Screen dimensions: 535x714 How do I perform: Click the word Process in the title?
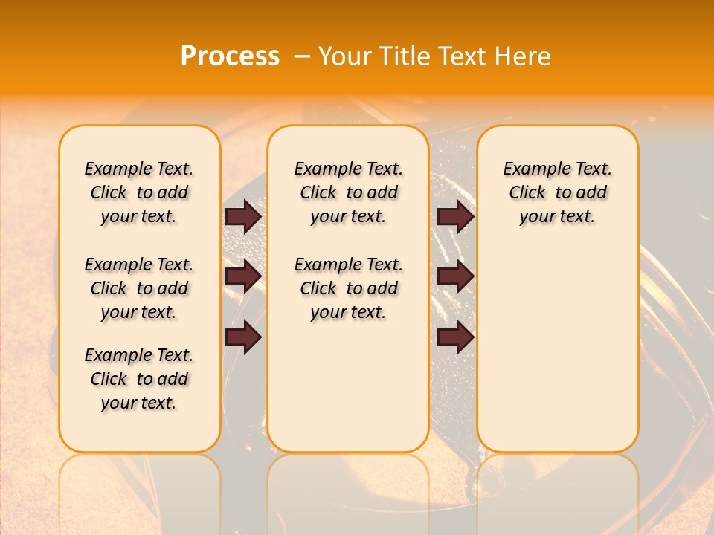pos(230,56)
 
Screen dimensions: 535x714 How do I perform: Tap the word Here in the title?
pos(523,56)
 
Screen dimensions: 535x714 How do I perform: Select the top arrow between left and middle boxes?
pos(243,217)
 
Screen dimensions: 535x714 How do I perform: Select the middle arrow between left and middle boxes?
pos(243,277)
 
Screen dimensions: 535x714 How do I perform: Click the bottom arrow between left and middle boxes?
pos(243,337)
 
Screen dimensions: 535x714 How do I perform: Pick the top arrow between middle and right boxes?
pos(455,217)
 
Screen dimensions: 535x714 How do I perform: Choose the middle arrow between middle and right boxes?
pos(455,277)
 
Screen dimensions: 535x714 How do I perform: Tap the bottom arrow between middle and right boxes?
pos(455,337)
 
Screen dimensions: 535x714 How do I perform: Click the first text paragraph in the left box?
pos(139,192)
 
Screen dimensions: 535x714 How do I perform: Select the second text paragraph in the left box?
pos(139,288)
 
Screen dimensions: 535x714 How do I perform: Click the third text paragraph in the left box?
pos(139,379)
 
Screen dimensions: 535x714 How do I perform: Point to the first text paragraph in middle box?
pos(349,192)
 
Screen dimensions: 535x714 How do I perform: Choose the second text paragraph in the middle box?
pos(349,288)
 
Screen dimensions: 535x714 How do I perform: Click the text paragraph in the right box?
pos(558,192)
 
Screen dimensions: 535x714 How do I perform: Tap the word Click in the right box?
pos(527,193)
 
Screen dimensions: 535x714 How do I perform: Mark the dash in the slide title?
pos(302,56)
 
